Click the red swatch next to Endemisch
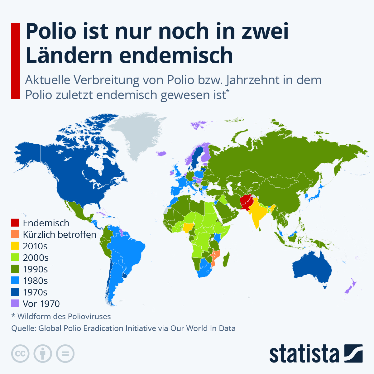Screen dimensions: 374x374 click(x=15, y=223)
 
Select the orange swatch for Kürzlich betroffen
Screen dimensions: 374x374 click(x=15, y=234)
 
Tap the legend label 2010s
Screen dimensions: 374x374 click(x=35, y=246)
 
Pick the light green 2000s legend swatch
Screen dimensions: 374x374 click(x=15, y=258)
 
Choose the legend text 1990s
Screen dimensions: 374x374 click(x=36, y=269)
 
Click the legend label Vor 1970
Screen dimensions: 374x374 click(x=41, y=304)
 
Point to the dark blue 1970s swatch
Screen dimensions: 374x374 click(x=15, y=292)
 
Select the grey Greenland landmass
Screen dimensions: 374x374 click(x=137, y=134)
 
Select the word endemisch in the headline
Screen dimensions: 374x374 click(x=176, y=55)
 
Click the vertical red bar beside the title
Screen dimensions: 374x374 click(x=15, y=61)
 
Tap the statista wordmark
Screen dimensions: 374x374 click(x=304, y=354)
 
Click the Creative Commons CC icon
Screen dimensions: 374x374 click(x=20, y=354)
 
